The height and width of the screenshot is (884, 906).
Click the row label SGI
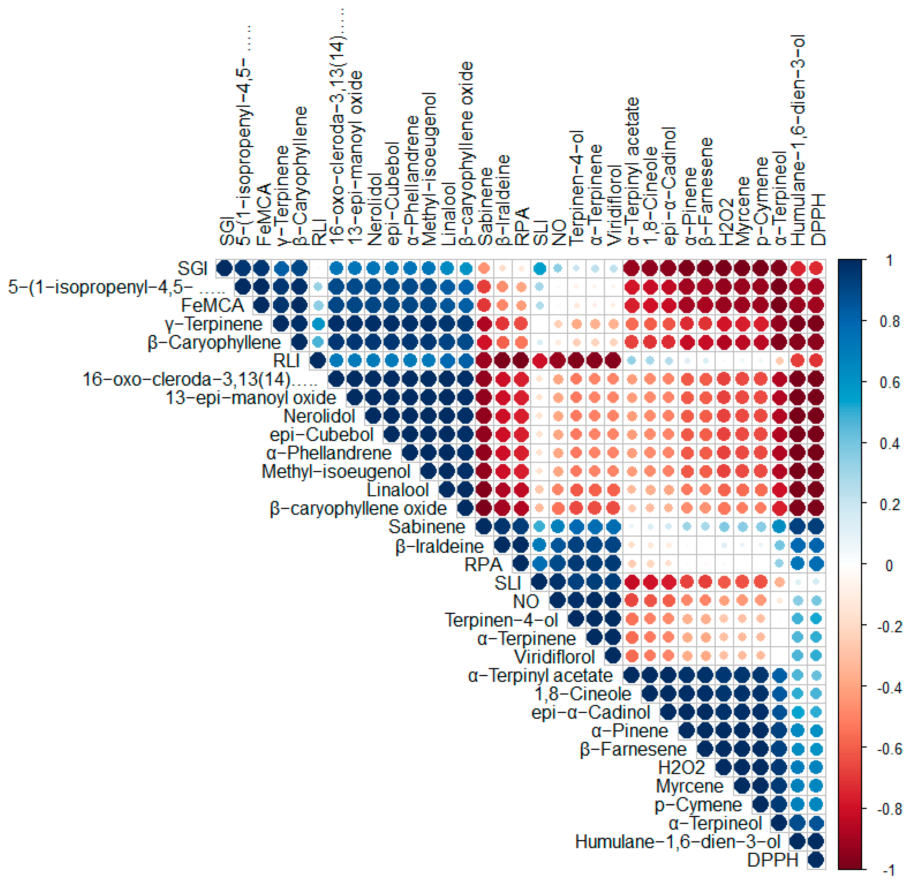[192, 268]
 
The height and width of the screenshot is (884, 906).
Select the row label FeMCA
[212, 305]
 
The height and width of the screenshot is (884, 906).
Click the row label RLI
[287, 361]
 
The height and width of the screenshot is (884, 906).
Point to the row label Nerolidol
[319, 416]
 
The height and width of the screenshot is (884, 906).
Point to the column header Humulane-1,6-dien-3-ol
[798, 139]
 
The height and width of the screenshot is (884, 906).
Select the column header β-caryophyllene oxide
[466, 153]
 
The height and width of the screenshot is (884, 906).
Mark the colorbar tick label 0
[889, 566]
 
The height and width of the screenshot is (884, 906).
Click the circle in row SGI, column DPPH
[816, 268]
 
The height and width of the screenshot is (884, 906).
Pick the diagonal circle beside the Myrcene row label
[742, 786]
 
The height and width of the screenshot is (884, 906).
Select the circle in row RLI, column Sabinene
[483, 361]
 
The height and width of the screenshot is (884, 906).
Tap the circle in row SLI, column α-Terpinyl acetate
[631, 582]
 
